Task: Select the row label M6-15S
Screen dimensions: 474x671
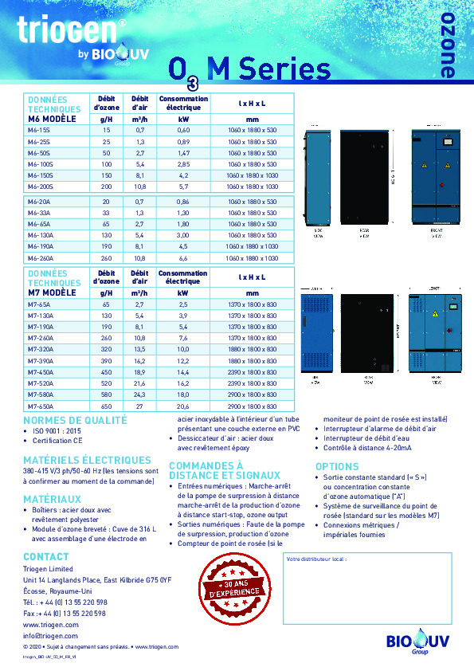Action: coord(39,129)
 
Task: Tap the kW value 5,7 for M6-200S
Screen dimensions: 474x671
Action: coord(183,186)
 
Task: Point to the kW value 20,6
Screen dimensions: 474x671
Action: coord(183,406)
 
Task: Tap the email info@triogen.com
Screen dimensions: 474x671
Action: coord(50,636)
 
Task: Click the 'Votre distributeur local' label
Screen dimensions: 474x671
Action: coord(316,559)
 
